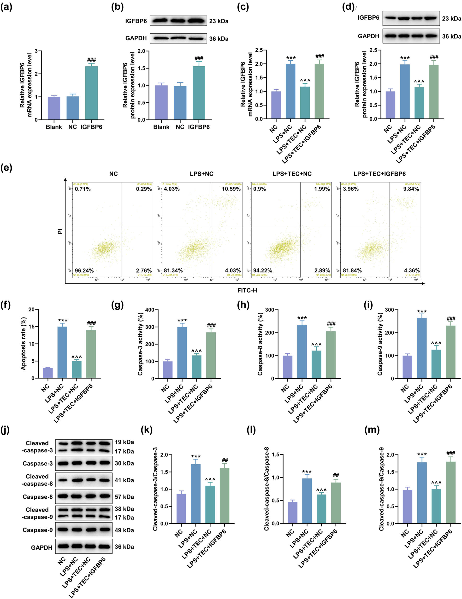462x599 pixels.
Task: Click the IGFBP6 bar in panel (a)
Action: (91, 93)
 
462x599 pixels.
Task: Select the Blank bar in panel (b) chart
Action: (161, 103)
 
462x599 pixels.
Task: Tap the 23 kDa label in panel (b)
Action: (219, 21)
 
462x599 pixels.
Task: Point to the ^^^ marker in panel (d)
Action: (419, 82)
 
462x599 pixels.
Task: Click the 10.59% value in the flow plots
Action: (231, 189)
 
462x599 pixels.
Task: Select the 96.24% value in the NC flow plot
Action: (84, 271)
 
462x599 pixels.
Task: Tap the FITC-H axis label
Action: (247, 290)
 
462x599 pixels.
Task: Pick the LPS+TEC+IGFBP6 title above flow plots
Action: (379, 174)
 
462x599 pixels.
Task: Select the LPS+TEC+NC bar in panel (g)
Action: (196, 367)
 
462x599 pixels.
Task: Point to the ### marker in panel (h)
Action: (331, 324)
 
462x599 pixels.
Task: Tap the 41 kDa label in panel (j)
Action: (124, 480)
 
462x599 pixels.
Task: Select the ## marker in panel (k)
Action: (225, 460)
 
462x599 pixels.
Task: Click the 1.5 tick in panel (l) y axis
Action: (276, 455)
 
